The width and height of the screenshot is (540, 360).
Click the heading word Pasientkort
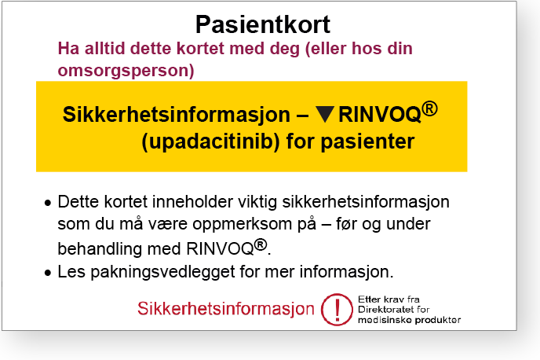click(x=263, y=24)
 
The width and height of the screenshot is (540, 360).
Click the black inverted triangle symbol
click(x=325, y=115)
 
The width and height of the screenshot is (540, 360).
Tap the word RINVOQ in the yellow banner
click(x=380, y=115)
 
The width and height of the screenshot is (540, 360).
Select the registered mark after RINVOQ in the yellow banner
click(x=430, y=108)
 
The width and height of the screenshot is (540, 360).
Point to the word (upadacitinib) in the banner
click(x=210, y=141)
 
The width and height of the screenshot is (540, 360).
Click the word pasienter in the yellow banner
click(x=367, y=141)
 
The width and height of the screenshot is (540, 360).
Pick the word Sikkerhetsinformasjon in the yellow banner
click(x=177, y=115)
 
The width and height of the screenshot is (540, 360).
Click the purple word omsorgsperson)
click(x=126, y=71)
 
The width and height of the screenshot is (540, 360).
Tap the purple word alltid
click(x=104, y=48)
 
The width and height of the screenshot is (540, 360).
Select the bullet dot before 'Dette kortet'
click(x=48, y=203)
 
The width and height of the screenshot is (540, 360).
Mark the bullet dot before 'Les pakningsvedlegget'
click(x=48, y=273)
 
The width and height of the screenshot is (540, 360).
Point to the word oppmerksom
click(x=254, y=225)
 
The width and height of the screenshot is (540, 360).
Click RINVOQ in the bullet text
click(x=221, y=248)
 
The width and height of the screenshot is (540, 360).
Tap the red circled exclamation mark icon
click(x=337, y=310)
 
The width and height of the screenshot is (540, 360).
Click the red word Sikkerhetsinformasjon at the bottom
click(x=226, y=308)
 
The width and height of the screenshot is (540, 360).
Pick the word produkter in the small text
click(x=438, y=320)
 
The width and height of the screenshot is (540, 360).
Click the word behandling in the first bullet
click(x=100, y=249)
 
